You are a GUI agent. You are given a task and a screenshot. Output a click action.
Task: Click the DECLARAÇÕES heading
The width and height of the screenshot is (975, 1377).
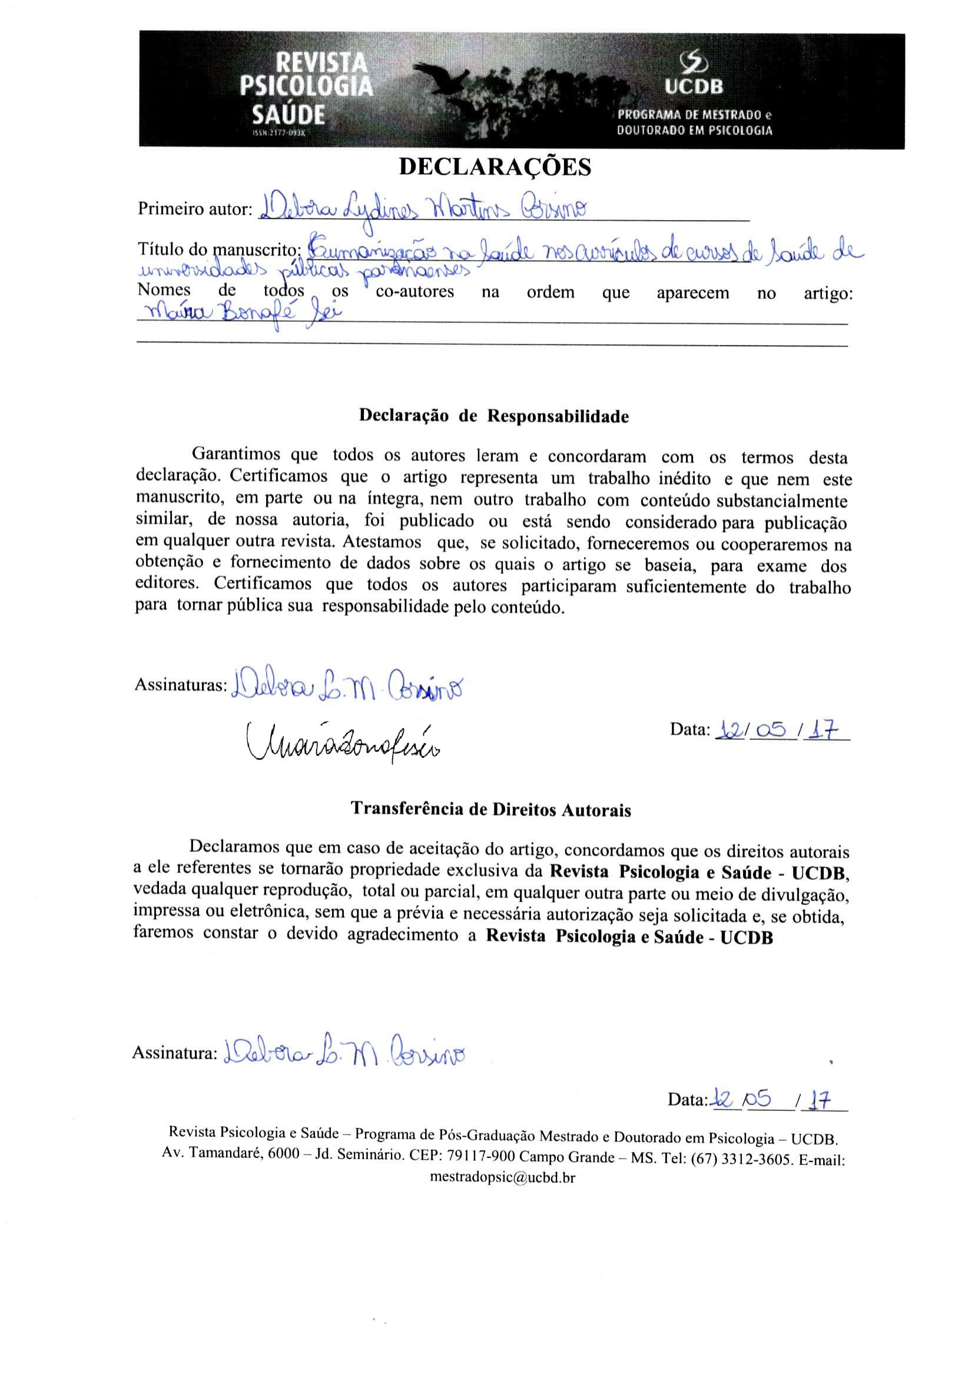click(495, 167)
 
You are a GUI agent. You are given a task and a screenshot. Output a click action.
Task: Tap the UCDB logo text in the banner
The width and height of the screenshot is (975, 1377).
click(694, 88)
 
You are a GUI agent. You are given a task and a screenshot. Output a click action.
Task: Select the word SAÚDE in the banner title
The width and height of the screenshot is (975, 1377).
click(288, 115)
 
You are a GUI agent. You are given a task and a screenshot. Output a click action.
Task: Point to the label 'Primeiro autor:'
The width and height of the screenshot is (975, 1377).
click(194, 210)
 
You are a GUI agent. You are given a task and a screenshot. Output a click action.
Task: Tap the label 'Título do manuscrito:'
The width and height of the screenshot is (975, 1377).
click(219, 248)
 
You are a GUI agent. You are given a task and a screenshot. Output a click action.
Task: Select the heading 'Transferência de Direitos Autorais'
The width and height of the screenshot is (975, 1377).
click(490, 809)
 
